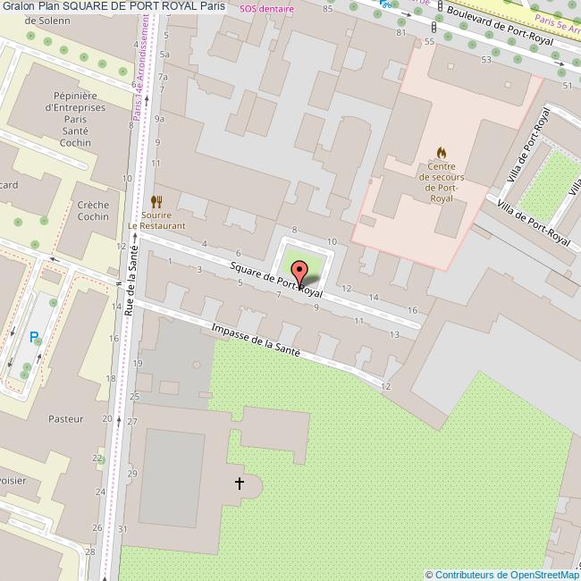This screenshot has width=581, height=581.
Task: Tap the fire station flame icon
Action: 442,154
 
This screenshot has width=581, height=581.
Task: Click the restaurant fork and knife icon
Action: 156,202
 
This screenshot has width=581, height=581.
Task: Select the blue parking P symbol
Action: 35,338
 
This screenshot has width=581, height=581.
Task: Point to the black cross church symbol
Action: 239,484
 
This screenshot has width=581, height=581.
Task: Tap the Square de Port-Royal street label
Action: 275,279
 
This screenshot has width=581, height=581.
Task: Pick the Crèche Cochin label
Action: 93,211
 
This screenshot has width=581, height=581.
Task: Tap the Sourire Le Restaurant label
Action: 156,220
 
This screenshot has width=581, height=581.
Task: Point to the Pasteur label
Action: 66,418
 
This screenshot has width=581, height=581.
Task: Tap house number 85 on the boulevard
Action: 328,9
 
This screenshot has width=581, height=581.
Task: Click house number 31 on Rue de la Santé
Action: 122,529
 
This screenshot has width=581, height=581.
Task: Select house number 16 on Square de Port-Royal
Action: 412,310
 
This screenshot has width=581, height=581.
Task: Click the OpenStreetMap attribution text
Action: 502,575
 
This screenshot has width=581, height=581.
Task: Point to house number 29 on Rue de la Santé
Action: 133,472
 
